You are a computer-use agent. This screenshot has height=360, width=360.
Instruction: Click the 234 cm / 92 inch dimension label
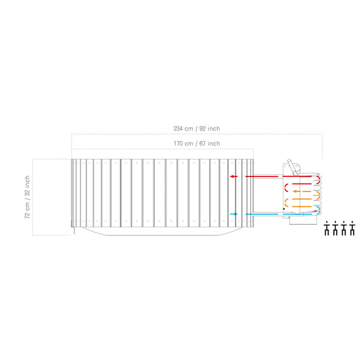point(197,129)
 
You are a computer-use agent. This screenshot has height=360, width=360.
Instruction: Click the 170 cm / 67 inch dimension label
point(197,143)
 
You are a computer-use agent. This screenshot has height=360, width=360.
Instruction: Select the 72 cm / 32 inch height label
point(27,197)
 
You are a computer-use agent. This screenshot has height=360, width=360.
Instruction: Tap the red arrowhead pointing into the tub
point(233,176)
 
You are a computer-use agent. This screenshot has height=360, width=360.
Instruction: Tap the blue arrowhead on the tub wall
point(235,214)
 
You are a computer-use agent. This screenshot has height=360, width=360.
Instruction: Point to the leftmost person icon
point(327,229)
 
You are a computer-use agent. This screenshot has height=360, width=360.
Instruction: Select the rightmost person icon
point(352,229)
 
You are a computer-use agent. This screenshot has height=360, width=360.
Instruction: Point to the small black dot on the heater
point(283,209)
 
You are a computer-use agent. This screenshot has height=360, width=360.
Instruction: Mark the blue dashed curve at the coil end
point(319,211)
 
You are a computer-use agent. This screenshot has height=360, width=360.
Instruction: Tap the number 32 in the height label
point(27,193)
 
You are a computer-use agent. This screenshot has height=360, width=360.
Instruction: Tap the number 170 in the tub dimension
point(179,143)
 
